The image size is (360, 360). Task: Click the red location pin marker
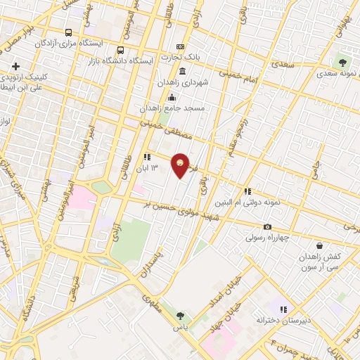[181, 165]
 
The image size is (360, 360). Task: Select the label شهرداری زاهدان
[205, 82]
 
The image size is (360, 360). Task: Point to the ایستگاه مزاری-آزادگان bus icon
[68, 32]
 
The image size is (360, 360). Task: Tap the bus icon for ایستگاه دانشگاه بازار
[122, 50]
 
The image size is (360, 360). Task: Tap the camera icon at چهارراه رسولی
[267, 226]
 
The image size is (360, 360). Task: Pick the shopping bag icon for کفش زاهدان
[320, 246]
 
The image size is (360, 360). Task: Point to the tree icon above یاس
[180, 316]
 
